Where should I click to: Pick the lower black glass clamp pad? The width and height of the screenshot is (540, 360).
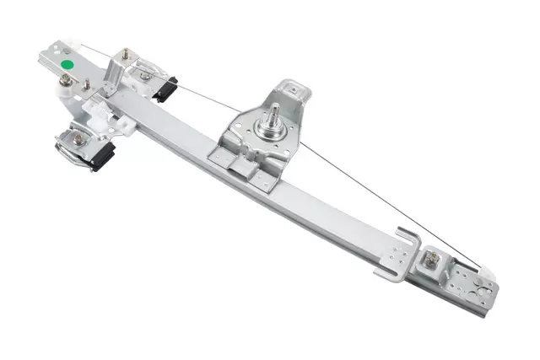point(103,157)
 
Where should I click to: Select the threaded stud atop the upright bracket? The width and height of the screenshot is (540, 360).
point(126,54)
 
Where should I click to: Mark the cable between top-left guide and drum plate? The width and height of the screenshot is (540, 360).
point(202,93)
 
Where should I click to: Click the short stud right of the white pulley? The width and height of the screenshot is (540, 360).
point(86,83)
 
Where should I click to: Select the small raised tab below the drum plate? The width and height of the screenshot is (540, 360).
point(242,169)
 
